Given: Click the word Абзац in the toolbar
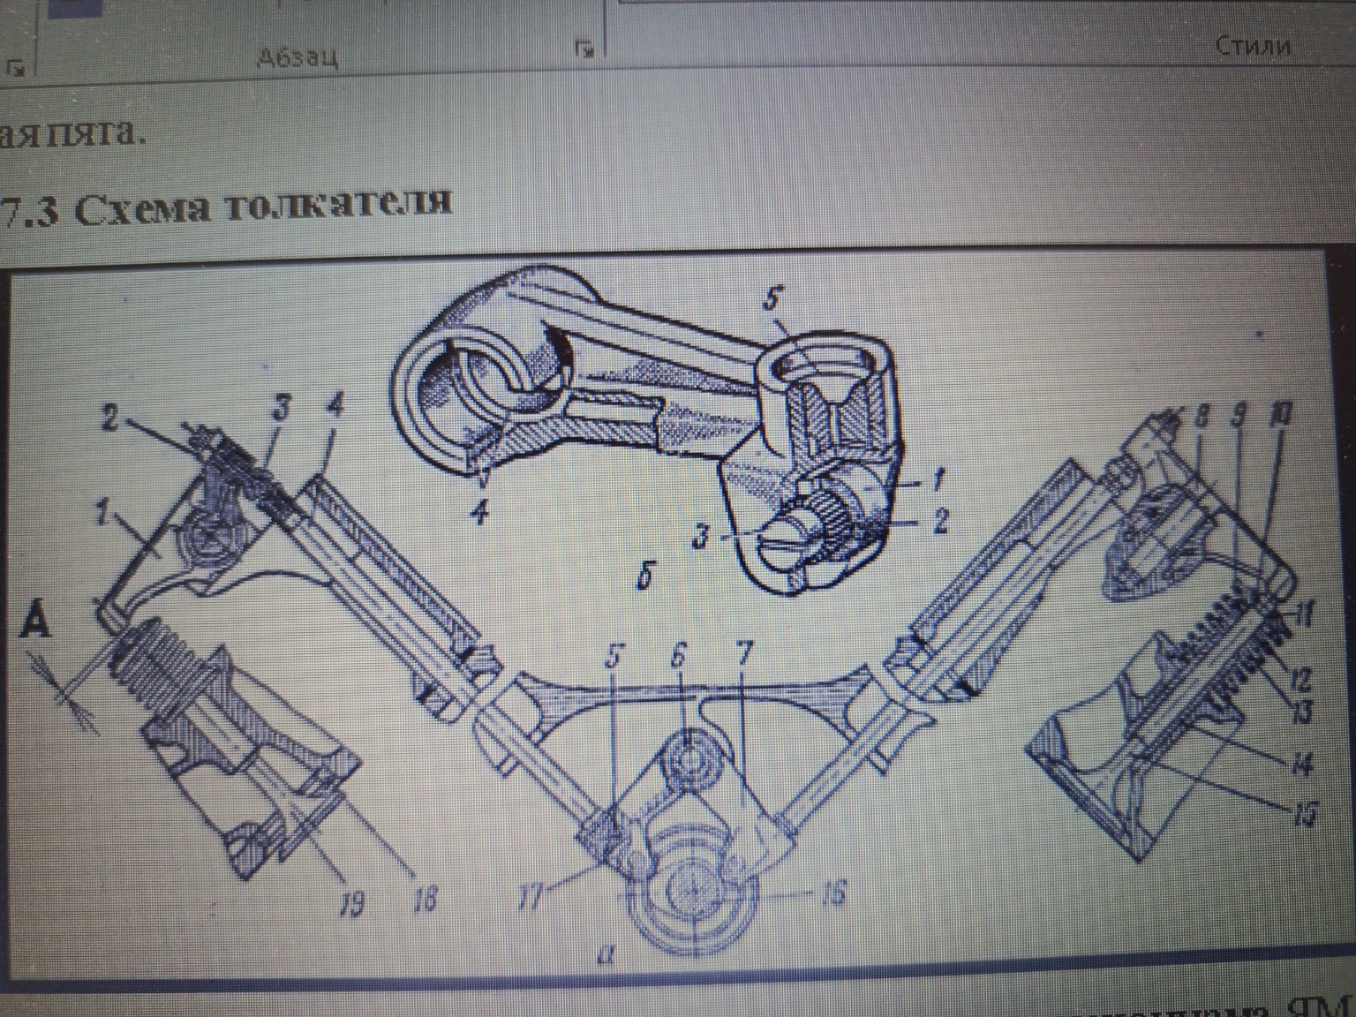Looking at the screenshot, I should tap(297, 57).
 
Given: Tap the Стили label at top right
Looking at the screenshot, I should tap(1253, 45).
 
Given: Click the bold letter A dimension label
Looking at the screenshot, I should tap(34, 625).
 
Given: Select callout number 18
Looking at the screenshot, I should tap(425, 901).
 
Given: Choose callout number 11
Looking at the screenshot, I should tap(1303, 614).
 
